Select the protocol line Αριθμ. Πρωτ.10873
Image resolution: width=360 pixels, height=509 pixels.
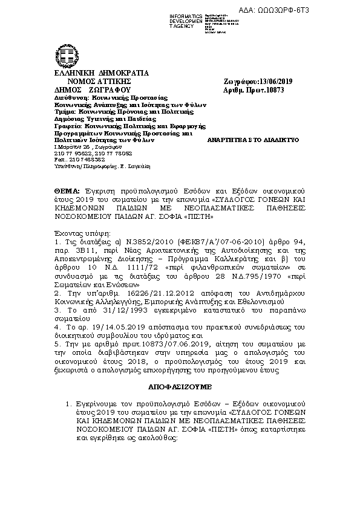pyautogui.click(x=250, y=89)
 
